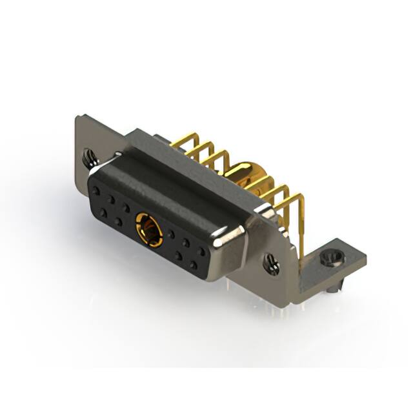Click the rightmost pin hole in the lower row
(193, 265)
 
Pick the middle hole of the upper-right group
(186, 243)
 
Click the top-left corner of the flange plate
(79, 117)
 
